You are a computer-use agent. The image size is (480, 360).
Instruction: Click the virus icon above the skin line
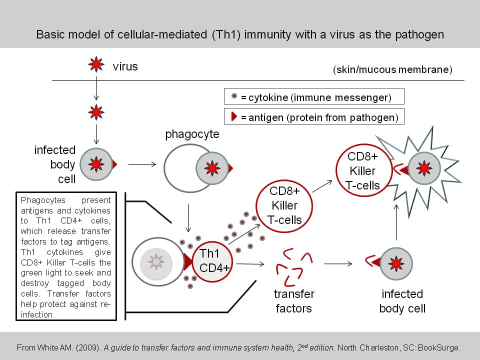(96, 64)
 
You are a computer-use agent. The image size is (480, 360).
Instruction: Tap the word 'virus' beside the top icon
(125, 66)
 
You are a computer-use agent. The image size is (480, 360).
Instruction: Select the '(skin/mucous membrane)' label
(392, 69)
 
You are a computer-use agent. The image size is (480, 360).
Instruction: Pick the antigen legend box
(314, 117)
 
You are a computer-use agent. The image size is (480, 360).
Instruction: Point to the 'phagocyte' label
(192, 134)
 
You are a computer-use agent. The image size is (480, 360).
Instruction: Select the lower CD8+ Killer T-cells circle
(284, 205)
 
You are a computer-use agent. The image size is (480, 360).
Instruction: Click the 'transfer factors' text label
(294, 301)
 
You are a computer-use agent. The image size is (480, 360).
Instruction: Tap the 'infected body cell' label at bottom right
(402, 301)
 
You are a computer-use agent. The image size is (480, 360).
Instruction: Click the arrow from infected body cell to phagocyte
(142, 163)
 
